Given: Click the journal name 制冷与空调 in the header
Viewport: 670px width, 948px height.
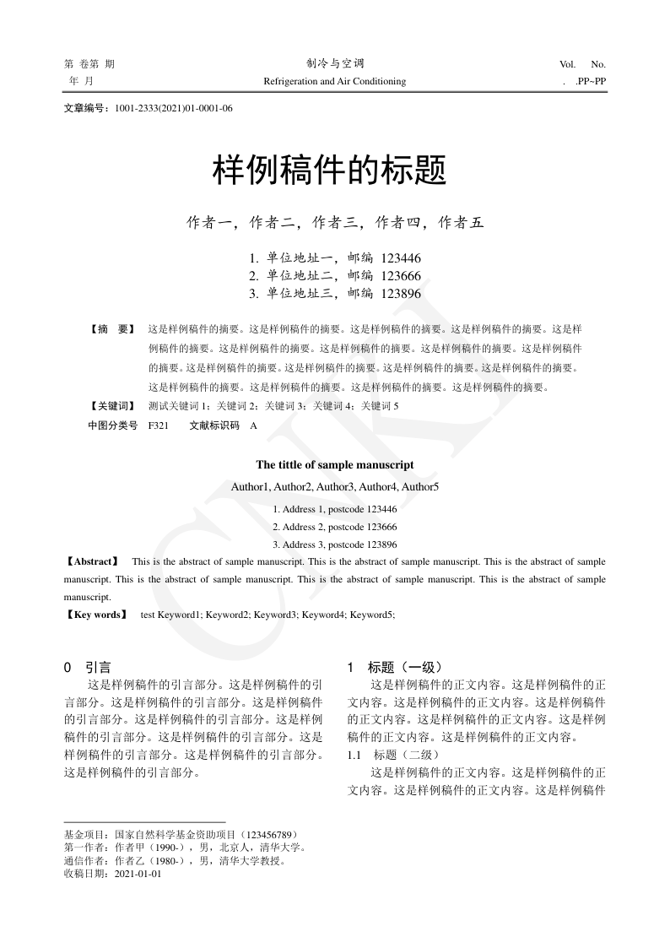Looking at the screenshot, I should click(335, 64).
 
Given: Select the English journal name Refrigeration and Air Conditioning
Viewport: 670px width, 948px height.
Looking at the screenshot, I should click(335, 82).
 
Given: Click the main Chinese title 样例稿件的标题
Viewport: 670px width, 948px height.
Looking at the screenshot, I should click(328, 171).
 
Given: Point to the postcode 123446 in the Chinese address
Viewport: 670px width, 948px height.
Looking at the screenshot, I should click(401, 258).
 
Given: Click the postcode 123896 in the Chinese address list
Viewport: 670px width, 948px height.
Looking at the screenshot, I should click(401, 294).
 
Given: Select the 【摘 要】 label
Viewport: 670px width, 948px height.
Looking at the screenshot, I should click(111, 328).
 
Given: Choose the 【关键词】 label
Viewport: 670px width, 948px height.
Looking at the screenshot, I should click(111, 406).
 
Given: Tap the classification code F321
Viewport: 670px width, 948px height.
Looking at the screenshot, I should click(158, 426).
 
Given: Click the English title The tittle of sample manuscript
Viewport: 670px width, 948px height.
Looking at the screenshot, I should click(335, 465).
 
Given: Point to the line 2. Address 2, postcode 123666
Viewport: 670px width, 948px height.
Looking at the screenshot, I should click(335, 527).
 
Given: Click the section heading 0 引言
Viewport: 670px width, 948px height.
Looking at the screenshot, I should click(88, 667).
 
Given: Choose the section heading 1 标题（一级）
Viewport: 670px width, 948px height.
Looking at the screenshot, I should click(395, 667).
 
